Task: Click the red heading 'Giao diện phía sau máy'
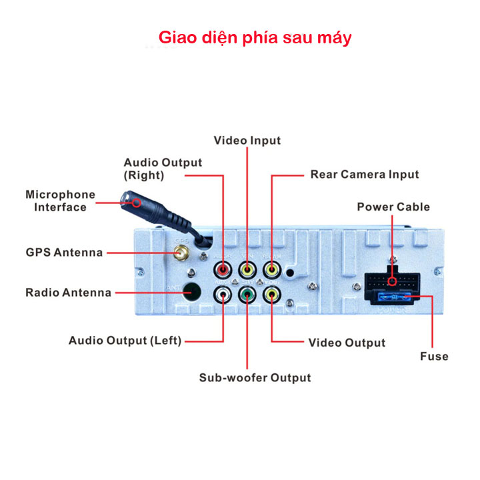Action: pos(253,37)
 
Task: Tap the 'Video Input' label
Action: pos(247,141)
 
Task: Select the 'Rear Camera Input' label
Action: pos(365,175)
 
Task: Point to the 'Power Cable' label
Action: pos(393,207)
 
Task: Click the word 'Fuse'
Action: pos(434,356)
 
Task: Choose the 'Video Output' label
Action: pos(347,343)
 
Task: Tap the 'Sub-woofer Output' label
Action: pos(255,377)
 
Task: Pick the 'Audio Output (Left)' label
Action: pos(125,341)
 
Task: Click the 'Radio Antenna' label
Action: pos(69,293)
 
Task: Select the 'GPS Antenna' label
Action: pos(64,253)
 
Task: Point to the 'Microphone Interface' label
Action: pos(61,201)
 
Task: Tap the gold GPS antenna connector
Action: pos(179,253)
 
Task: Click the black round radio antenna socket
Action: pos(192,291)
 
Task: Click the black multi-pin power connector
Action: pos(393,282)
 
